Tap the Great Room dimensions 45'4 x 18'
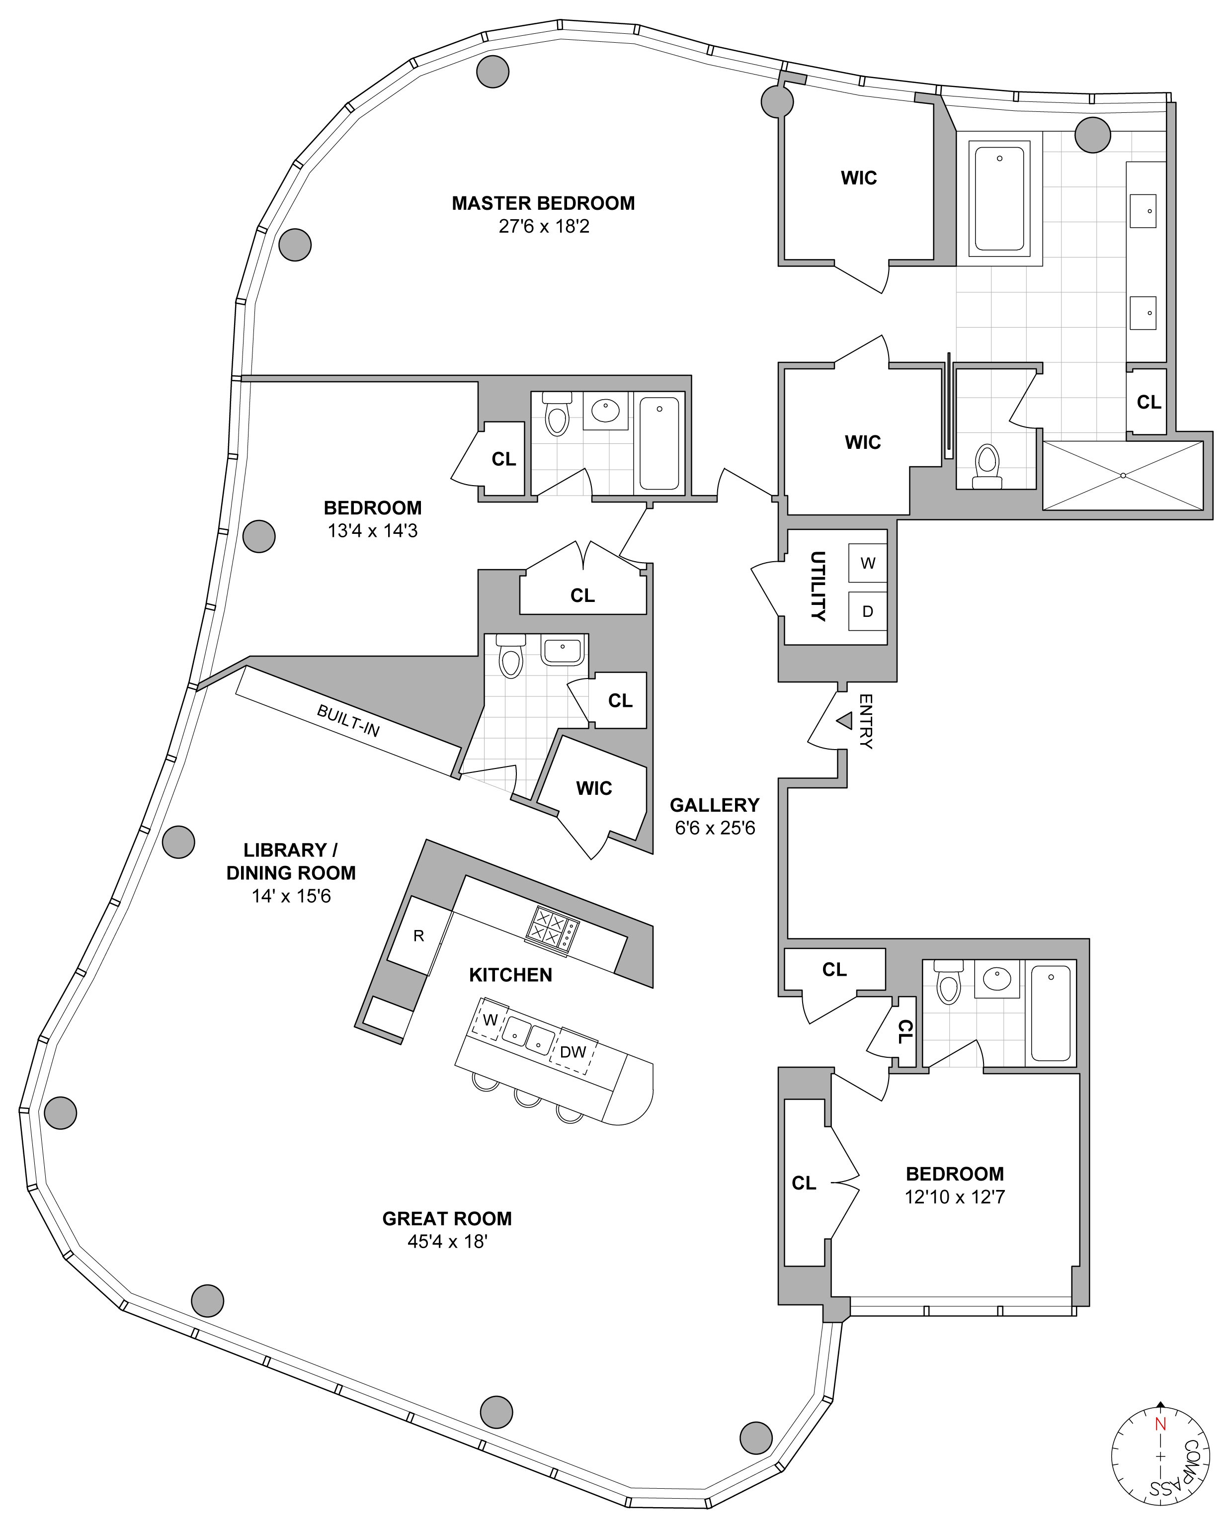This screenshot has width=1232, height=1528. tap(447, 1243)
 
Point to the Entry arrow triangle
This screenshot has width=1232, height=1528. tap(844, 720)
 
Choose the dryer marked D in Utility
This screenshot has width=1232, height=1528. tap(868, 611)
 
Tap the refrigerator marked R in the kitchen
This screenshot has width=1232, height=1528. tap(419, 935)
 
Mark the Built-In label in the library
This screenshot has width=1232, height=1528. tap(348, 720)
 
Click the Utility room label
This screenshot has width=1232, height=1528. tap(818, 586)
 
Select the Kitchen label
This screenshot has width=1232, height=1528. tap(511, 974)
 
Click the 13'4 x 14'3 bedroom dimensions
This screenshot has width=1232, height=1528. tap(373, 531)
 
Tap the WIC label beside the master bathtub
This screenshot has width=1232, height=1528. tap(859, 178)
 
